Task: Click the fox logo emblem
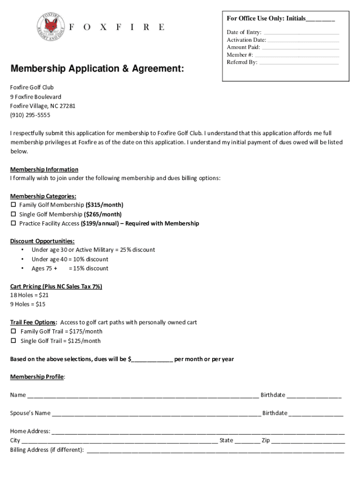[x=52, y=27]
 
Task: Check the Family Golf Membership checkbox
[x=13, y=205]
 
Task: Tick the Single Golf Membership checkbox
[x=13, y=214]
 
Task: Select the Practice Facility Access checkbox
[x=13, y=224]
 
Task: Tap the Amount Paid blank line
[x=301, y=48]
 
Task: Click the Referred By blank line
[x=299, y=63]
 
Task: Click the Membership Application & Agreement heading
[x=97, y=69]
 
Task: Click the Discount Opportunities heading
[x=43, y=241]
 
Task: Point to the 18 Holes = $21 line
[x=29, y=295]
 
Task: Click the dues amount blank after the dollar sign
[x=152, y=360]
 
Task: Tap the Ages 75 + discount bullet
[x=70, y=269]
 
